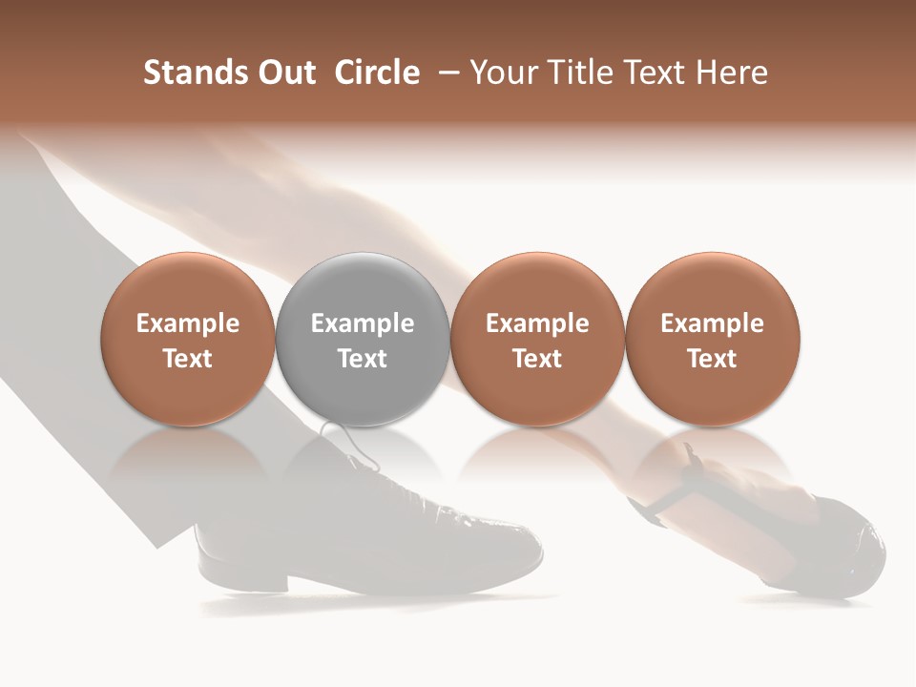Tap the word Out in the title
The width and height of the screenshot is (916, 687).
[284, 73]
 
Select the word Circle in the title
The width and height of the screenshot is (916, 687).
[376, 73]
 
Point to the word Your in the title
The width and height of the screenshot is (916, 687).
[503, 73]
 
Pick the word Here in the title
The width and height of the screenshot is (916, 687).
[733, 73]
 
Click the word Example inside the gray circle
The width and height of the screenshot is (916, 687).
[363, 323]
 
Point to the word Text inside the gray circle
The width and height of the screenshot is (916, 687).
[363, 359]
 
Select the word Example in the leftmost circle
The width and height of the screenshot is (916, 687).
[188, 323]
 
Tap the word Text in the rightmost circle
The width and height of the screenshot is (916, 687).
[712, 359]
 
